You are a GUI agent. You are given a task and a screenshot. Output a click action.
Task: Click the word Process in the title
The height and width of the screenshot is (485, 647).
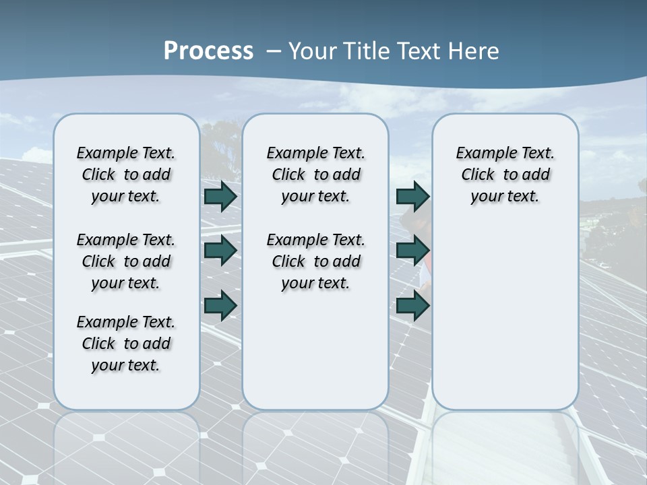click(x=208, y=51)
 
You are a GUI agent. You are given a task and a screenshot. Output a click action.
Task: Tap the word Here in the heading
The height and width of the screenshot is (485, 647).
click(x=472, y=51)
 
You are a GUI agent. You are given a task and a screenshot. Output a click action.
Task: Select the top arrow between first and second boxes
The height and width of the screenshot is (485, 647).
click(x=220, y=197)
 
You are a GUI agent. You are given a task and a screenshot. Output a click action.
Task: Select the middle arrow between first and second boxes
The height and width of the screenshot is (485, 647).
click(x=220, y=251)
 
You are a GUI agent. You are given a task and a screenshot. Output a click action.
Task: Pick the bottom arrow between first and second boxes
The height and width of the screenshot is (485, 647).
click(x=220, y=305)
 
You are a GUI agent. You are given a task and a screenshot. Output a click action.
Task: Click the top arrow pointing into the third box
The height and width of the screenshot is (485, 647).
click(x=412, y=197)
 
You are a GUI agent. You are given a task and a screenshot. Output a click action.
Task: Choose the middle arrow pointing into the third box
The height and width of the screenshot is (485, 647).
click(x=412, y=251)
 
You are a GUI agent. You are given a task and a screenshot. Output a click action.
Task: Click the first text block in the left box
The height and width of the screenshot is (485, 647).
click(x=126, y=174)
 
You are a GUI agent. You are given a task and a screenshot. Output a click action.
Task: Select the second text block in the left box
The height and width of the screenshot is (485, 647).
click(x=126, y=261)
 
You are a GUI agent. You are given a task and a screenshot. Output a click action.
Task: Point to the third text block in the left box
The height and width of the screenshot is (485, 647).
click(x=126, y=344)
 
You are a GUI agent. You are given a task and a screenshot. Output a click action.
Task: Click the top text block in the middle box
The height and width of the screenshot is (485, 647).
click(x=315, y=174)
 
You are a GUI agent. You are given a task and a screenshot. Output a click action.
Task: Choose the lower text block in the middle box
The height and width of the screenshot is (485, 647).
click(x=315, y=261)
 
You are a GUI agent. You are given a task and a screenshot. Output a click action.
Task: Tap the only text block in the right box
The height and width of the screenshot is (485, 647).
click(x=505, y=174)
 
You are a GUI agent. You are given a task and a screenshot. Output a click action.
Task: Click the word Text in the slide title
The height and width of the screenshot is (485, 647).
click(x=420, y=51)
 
